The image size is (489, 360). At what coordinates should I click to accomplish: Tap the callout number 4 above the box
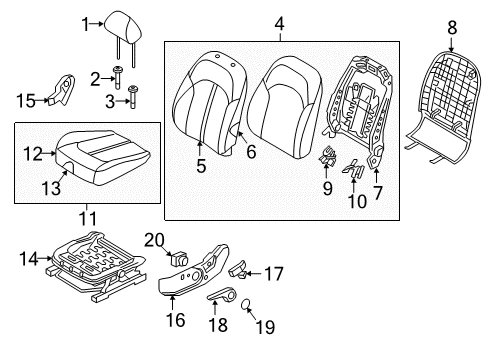point(279,21)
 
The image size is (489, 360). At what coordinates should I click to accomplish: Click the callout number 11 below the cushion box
point(87,216)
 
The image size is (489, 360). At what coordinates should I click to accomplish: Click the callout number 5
point(201,166)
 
